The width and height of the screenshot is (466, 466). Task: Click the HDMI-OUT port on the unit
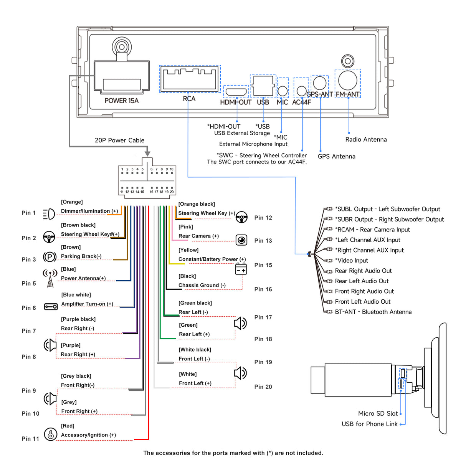[x=236, y=92]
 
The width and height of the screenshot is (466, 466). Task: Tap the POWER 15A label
[x=121, y=101]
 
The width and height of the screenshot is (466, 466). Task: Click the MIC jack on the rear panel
[x=283, y=91]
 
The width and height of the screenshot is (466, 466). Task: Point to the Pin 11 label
[x=30, y=439]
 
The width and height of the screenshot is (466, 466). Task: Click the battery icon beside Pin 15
[x=241, y=269]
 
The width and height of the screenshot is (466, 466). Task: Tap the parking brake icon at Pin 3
[x=50, y=257]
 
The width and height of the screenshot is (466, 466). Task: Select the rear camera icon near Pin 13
[x=241, y=240]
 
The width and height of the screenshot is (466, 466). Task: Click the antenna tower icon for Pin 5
[x=50, y=278]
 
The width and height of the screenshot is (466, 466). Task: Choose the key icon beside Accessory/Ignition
[x=50, y=434]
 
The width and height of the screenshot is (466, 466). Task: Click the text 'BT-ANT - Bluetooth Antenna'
[x=373, y=312]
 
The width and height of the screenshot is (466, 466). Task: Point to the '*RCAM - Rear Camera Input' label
[x=372, y=230]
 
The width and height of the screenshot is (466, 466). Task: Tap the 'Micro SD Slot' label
[x=378, y=413]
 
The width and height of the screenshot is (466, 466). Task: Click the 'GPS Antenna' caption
[x=336, y=156]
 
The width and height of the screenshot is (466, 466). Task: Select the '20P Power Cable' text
[x=119, y=140]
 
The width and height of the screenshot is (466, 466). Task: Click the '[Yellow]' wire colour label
[x=188, y=250]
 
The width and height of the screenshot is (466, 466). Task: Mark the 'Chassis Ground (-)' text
[x=202, y=285]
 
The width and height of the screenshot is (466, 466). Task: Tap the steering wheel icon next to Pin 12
[x=241, y=217]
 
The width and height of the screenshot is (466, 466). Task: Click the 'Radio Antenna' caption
[x=366, y=139]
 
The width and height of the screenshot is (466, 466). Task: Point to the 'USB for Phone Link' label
[x=370, y=424]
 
